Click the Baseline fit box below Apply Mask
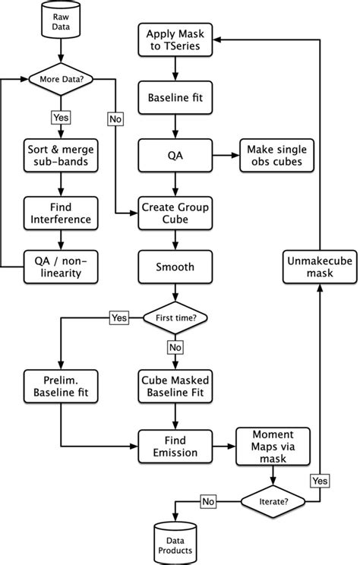point(175,96)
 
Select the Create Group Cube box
point(175,213)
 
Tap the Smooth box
point(175,267)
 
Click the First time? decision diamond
point(175,318)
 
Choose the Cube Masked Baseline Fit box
point(175,384)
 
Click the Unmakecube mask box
point(317,267)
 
